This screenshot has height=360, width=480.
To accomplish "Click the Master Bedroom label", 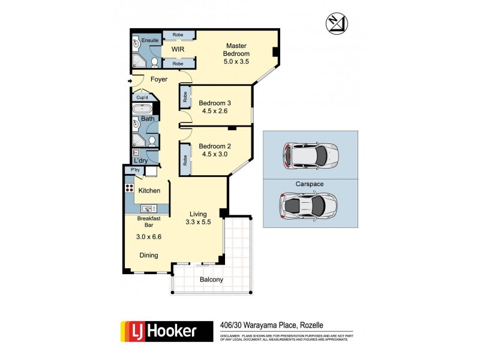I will pyautogui.click(x=237, y=49).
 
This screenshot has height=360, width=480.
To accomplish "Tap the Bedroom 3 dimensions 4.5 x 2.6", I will pyautogui.click(x=215, y=110).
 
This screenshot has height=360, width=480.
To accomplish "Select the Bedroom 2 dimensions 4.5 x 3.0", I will pyautogui.click(x=215, y=154).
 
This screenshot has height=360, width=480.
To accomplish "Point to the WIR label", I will pyautogui.click(x=178, y=49).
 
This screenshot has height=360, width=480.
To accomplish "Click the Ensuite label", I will pyautogui.click(x=150, y=40).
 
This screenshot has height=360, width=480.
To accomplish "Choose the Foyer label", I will pyautogui.click(x=159, y=79).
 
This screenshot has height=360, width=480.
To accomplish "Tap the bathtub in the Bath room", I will pyautogui.click(x=143, y=109).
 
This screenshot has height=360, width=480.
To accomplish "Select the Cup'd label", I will pyautogui.click(x=142, y=97).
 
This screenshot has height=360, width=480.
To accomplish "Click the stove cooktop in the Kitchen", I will pyautogui.click(x=128, y=188).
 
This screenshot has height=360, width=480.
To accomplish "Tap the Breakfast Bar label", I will pyautogui.click(x=148, y=222).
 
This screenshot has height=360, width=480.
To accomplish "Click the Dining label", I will pyautogui.click(x=149, y=255).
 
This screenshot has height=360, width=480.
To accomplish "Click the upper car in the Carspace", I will pyautogui.click(x=310, y=155).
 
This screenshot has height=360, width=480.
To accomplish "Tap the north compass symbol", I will pyautogui.click(x=335, y=23).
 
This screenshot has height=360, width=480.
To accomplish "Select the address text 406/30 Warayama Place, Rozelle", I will pyautogui.click(x=272, y=325).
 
